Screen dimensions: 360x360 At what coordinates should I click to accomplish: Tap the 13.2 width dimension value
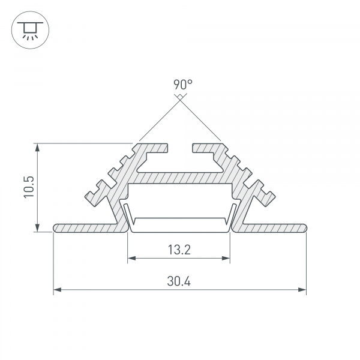coord(179,250)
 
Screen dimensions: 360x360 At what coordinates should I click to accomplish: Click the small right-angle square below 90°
coord(179,96)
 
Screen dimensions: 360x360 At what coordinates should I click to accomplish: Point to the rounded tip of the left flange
coord(56,228)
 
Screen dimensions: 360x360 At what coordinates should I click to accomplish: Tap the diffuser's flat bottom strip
coord(179,229)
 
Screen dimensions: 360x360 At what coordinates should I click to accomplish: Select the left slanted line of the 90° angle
coord(158,120)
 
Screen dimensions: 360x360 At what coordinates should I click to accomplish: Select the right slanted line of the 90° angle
coord(200,120)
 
